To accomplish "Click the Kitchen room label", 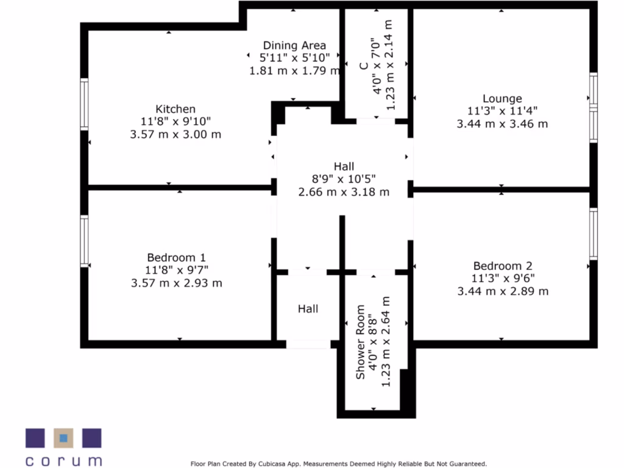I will pos(175,109).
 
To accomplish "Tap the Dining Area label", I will pos(294,45).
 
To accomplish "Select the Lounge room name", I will pos(502,98).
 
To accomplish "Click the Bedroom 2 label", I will pos(503,266).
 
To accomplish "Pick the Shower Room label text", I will pos(361,342).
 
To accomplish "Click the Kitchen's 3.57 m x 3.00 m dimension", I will pos(175,135).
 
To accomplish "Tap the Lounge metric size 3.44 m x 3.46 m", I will pos(502,124).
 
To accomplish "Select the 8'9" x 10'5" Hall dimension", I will pos(344,179).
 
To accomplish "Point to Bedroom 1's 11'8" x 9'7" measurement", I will pos(175,271).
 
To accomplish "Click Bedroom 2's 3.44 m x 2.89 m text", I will pos(503,291).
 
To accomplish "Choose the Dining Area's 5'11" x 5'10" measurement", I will pos(294,58).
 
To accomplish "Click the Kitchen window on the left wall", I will pos(84,105).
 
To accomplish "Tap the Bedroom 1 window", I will pos(84,240).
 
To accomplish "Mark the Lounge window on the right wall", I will pos(593,107).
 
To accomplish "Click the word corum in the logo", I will pos(63,460).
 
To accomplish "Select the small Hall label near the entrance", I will pos(308,309).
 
